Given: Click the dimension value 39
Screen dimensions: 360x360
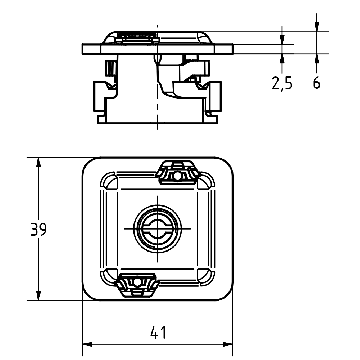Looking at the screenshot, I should click(38, 229).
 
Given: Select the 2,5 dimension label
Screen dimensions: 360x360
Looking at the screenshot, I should click(282, 83).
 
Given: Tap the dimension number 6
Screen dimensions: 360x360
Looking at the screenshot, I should click(317, 83).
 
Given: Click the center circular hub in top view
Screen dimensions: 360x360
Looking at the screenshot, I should click(158, 229).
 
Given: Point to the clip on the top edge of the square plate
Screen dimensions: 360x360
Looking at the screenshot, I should click(181, 172).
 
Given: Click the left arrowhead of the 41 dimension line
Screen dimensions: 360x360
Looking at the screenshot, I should click(85, 340).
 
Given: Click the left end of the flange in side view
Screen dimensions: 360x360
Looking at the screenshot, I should click(81, 47).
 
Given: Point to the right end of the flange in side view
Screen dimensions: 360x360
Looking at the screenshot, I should click(233, 47).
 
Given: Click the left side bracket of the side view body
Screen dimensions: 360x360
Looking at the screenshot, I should click(101, 95).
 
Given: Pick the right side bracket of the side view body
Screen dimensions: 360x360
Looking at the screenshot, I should click(213, 95).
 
